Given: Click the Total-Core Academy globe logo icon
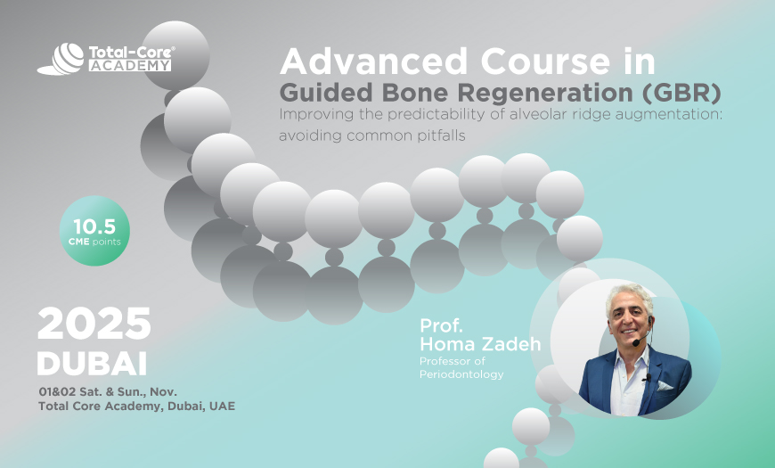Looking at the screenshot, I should (60, 60).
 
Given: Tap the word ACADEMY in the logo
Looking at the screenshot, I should (129, 65).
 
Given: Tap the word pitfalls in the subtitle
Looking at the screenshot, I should (438, 135).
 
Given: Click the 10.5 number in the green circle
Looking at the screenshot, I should (94, 225).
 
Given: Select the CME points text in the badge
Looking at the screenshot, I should (94, 242).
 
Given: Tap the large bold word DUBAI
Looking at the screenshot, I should (92, 364).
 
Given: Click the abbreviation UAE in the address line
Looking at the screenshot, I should (223, 406).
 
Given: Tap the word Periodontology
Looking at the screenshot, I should (461, 374).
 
